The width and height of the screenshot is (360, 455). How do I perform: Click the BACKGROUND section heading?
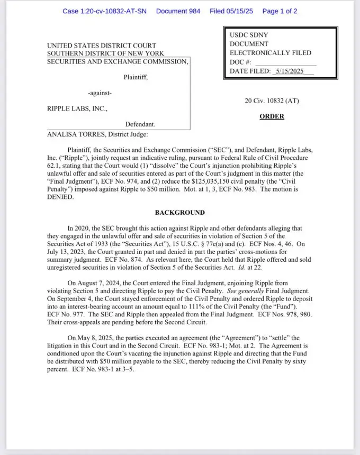179,213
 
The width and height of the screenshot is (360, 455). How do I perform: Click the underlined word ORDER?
272,116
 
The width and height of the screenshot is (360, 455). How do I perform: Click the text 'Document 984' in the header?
178,11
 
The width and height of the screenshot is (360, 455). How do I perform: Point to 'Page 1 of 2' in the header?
280,11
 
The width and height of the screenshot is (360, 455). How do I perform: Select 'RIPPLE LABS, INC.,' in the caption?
77,109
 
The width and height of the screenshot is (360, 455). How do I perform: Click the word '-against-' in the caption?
100,93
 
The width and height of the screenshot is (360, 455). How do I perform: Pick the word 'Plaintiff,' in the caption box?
136,77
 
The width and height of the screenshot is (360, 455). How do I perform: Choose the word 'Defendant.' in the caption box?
140,124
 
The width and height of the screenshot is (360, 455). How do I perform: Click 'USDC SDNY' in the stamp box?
247,34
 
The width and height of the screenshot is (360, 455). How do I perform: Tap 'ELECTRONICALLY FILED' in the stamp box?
271,53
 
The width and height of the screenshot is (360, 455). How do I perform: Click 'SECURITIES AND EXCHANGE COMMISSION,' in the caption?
118,62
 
